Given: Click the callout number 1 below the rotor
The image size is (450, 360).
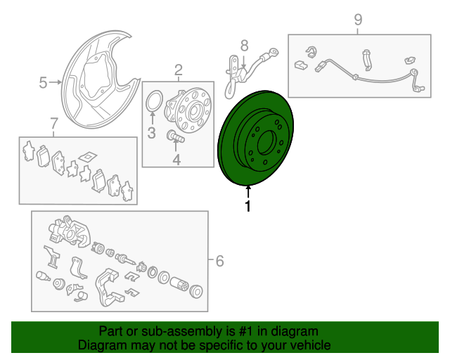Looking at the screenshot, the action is click(x=247, y=206).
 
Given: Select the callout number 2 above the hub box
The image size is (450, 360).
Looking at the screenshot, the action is click(x=178, y=70).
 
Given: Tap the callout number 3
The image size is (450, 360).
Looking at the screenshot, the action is click(x=152, y=133).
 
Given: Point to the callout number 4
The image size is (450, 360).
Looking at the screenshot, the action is click(x=176, y=160).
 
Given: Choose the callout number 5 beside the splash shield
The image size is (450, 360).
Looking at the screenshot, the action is click(x=43, y=83).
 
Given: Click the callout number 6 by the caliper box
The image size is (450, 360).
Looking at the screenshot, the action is click(x=219, y=261).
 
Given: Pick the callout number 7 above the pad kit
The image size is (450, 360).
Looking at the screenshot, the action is click(x=53, y=123).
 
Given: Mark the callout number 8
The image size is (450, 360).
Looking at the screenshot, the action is click(x=244, y=46).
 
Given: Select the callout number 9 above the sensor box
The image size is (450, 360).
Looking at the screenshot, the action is click(x=358, y=20).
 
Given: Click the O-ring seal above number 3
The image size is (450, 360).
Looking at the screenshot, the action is click(x=155, y=100).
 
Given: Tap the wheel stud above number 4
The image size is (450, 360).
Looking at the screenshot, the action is click(x=175, y=136).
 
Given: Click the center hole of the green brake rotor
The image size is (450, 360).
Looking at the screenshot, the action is click(x=266, y=143).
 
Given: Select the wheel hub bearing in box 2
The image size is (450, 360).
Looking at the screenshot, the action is click(x=188, y=110).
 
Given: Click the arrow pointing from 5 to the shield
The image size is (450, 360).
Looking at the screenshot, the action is click(x=56, y=82).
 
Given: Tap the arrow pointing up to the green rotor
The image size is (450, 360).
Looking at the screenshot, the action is click(x=248, y=192).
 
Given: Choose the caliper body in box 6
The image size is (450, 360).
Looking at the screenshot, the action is click(x=70, y=231).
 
